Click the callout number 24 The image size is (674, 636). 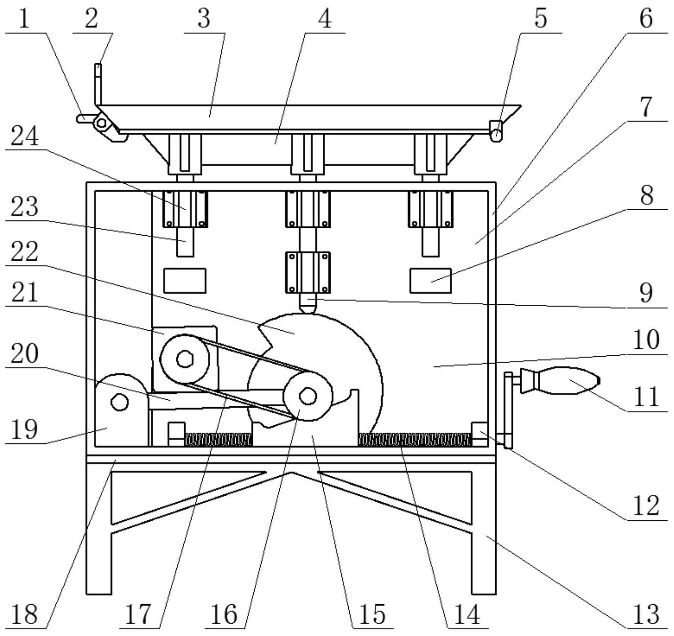click(x=24, y=135)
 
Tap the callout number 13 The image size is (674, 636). click(x=646, y=614)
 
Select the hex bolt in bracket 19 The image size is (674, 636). click(x=120, y=402)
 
